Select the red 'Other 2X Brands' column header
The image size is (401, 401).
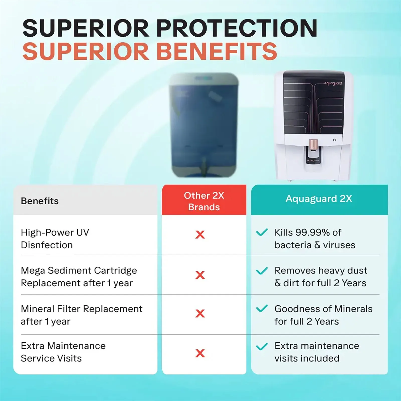pyautogui.click(x=204, y=200)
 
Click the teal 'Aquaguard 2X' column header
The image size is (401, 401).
pyautogui.click(x=319, y=200)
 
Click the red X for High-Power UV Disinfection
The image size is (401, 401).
pyautogui.click(x=200, y=235)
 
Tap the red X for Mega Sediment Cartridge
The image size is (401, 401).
pyautogui.click(x=200, y=275)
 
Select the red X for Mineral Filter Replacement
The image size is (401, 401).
pyautogui.click(x=200, y=313)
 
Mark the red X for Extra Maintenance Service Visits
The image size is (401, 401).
pyautogui.click(x=200, y=353)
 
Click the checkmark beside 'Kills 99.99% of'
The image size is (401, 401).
pyautogui.click(x=262, y=232)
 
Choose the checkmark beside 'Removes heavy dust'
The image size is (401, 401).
pyautogui.click(x=262, y=271)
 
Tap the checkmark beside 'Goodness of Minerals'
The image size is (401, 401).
pyautogui.click(x=262, y=309)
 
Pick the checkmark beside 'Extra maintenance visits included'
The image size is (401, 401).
pyautogui.click(x=262, y=346)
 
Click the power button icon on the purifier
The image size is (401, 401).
pyautogui.click(x=334, y=140)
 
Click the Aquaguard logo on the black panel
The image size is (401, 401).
pyautogui.click(x=333, y=83)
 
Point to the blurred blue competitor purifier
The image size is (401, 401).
pyautogui.click(x=204, y=125)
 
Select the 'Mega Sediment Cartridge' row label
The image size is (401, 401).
pyautogui.click(x=79, y=271)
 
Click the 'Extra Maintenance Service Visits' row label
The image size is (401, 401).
pyautogui.click(x=63, y=352)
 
